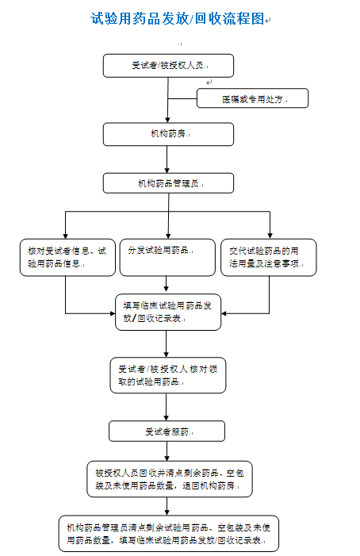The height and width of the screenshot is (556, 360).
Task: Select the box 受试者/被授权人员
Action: [x=168, y=65]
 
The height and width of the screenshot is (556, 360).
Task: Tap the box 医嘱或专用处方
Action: [x=252, y=98]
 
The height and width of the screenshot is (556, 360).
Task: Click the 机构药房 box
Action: [x=168, y=134]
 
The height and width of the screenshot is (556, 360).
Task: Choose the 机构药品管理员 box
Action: [x=168, y=183]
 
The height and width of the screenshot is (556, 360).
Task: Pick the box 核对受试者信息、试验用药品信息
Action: [x=65, y=257]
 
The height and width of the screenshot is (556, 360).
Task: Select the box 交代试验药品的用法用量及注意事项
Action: [x=268, y=257]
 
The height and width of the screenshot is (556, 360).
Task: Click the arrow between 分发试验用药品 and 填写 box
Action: [x=166, y=284]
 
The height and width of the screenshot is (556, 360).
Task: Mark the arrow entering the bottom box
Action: [x=167, y=507]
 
